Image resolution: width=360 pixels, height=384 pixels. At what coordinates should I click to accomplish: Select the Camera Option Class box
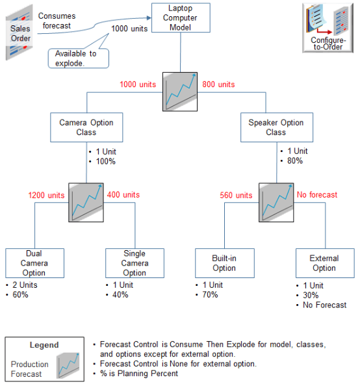(x=86, y=127)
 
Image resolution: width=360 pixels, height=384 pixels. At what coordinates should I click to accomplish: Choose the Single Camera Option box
(x=134, y=263)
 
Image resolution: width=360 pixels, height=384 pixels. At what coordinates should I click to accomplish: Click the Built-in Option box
(x=224, y=263)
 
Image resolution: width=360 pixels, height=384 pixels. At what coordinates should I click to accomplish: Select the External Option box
(x=324, y=263)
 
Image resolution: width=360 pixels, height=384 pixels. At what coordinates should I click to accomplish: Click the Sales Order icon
(x=20, y=33)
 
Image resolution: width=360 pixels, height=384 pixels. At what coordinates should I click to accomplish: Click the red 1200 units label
(x=46, y=195)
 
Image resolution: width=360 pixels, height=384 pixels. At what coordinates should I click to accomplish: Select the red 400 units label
(x=123, y=194)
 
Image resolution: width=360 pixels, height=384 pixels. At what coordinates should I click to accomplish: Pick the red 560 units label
(x=235, y=195)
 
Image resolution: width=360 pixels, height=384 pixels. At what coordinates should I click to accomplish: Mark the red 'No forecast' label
(x=316, y=194)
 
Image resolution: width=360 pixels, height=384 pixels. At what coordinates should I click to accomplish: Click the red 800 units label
(x=218, y=84)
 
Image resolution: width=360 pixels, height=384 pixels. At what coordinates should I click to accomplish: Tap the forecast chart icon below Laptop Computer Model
(x=180, y=92)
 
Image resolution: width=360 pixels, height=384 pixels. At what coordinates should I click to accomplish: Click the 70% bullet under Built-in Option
(x=211, y=294)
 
